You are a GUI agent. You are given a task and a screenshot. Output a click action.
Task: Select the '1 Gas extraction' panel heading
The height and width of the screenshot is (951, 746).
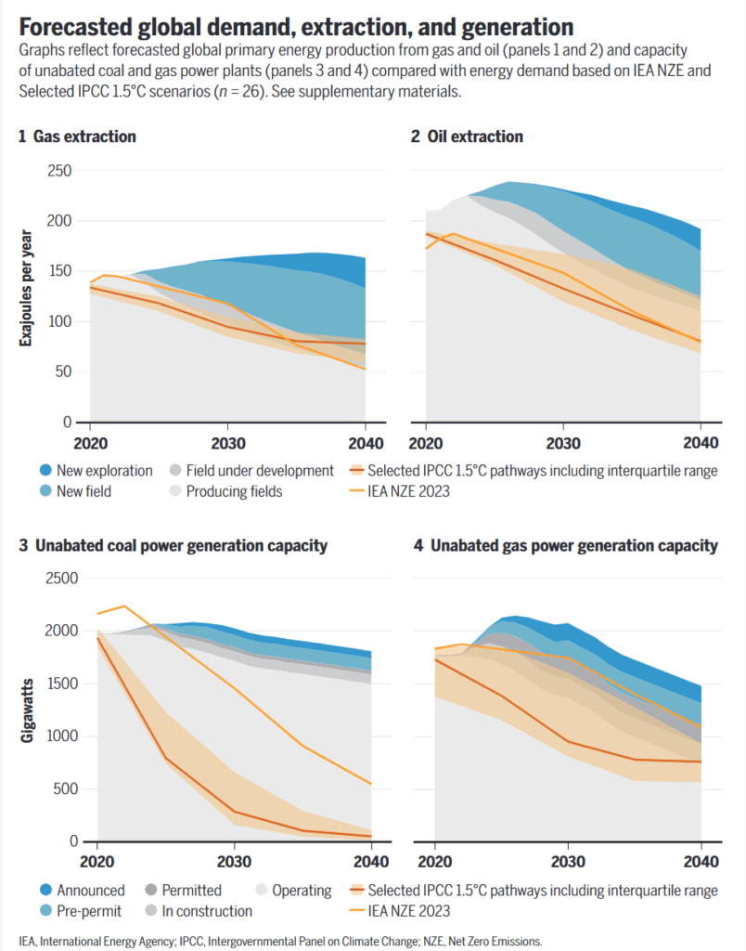point(77,137)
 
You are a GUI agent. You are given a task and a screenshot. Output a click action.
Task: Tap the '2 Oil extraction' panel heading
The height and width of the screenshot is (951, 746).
point(467,137)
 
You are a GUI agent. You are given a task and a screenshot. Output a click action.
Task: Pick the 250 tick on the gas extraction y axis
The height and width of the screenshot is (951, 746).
point(60,170)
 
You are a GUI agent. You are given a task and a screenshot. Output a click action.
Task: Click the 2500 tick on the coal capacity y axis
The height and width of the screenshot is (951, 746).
point(56,580)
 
